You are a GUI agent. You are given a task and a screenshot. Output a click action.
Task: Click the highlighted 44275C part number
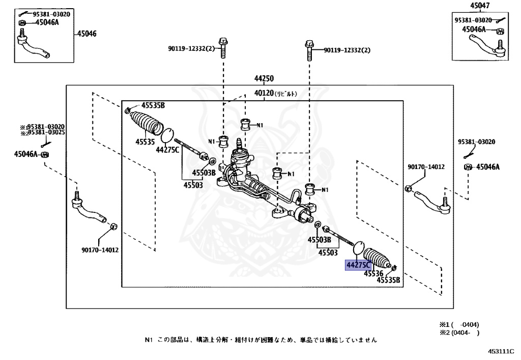click(x=358, y=265)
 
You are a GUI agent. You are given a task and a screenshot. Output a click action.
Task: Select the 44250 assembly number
click(x=264, y=78)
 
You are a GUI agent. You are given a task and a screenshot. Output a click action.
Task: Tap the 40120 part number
click(x=264, y=93)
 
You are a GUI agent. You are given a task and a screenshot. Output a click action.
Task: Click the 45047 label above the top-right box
click(x=480, y=5)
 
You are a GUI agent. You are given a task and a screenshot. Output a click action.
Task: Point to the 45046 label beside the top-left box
click(x=86, y=34)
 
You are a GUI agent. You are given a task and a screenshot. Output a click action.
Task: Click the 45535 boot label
click(x=145, y=142)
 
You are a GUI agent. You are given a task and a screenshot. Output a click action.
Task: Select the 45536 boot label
click(x=373, y=273)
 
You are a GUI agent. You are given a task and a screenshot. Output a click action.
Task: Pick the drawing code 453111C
click(x=501, y=351)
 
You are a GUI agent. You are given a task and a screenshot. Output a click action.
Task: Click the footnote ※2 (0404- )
click(x=459, y=333)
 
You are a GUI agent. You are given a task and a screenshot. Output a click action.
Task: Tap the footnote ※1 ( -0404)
click(x=459, y=325)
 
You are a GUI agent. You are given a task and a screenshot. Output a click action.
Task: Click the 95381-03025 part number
click(x=46, y=132)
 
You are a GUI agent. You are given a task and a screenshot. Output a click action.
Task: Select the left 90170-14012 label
click(x=100, y=250)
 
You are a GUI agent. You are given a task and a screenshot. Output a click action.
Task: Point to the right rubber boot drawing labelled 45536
click(x=377, y=259)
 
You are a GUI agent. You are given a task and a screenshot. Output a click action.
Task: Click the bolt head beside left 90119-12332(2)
click(x=223, y=42)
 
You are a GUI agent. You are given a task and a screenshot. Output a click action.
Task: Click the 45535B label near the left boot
click(x=153, y=106)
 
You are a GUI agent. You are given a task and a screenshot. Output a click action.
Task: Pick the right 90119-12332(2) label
click(x=347, y=50)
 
